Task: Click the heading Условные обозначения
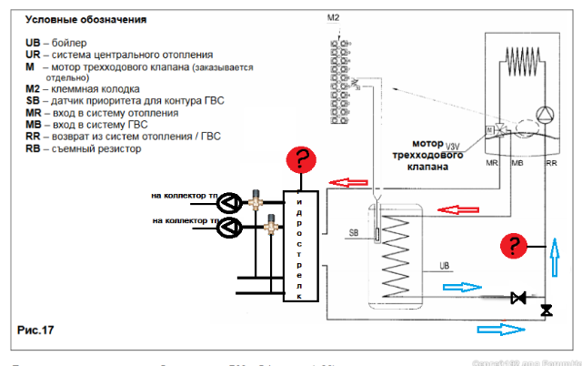(86, 19)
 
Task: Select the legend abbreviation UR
(34, 55)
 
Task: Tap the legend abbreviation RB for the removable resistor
(34, 149)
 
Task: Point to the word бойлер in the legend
(72, 43)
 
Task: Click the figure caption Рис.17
(36, 330)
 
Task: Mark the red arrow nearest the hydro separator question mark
(346, 183)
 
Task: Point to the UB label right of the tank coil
(445, 266)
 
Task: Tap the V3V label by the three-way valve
(452, 146)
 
